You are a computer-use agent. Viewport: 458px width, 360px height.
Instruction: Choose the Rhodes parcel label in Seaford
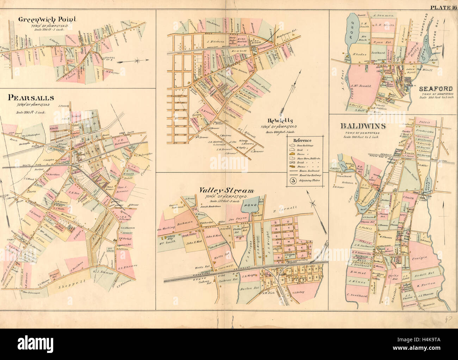click(x=359, y=55)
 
